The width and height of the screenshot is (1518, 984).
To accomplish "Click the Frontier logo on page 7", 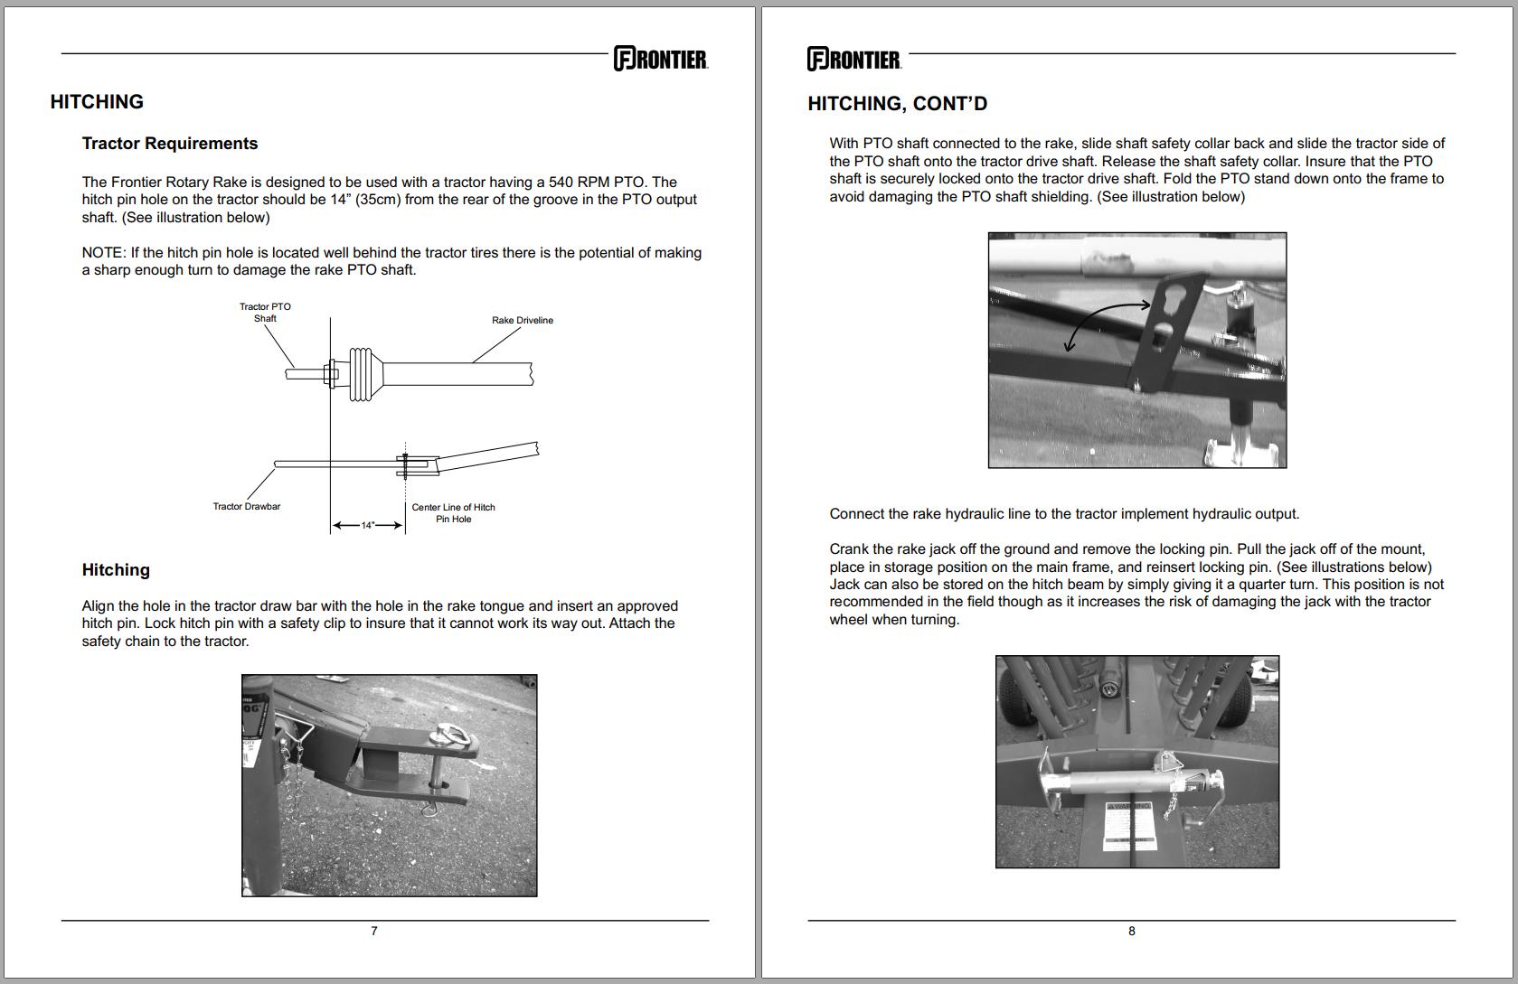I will click(x=661, y=59).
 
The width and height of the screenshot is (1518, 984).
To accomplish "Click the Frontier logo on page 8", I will click(x=854, y=60).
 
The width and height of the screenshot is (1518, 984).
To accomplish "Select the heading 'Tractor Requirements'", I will click(x=170, y=144).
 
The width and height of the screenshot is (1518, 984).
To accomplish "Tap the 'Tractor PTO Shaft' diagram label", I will click(x=265, y=313).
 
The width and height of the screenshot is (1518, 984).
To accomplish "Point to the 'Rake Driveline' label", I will click(x=523, y=320).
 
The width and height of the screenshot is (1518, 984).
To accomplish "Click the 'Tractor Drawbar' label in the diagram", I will click(x=246, y=506).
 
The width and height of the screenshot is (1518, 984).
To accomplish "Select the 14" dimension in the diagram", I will click(x=368, y=525).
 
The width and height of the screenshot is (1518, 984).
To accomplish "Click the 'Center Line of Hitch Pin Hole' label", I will click(x=453, y=513).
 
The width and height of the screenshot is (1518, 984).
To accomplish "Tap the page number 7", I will click(x=374, y=931).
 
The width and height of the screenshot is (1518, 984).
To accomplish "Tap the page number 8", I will click(x=1132, y=931).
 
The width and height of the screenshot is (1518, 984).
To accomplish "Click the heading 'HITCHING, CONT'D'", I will click(x=897, y=104).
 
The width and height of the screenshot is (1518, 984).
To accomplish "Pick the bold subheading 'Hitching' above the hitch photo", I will click(x=116, y=570).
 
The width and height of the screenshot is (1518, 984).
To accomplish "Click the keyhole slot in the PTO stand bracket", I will click(x=1166, y=313).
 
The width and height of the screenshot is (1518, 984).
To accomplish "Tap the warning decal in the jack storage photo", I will click(x=1130, y=825).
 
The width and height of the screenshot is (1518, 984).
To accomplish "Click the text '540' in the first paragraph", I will click(x=562, y=182).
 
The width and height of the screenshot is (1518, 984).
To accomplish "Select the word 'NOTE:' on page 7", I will click(x=104, y=253).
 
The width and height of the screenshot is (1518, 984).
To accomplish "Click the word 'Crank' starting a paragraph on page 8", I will click(x=849, y=549).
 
